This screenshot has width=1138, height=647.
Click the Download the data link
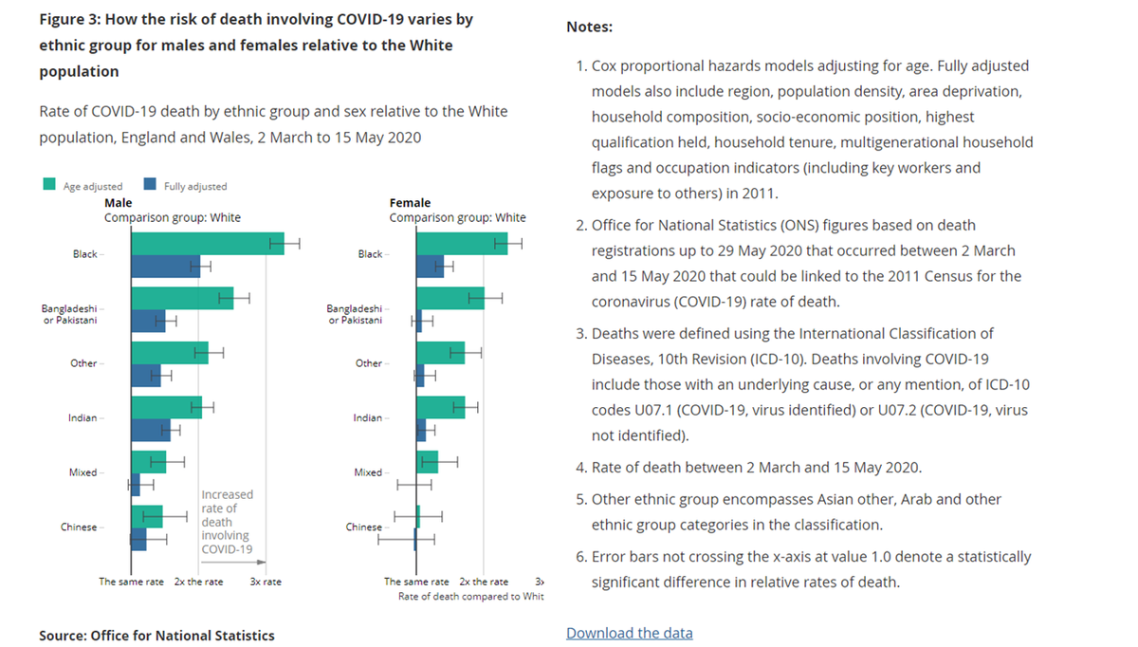pos(629,633)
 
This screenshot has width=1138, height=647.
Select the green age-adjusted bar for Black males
pos(207,244)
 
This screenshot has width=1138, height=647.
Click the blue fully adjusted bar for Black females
pos(430,267)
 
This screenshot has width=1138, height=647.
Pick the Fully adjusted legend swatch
pos(150,186)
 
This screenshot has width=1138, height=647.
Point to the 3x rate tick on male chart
pos(266,582)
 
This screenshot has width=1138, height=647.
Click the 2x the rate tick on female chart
pos(484,582)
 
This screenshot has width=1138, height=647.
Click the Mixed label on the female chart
pos(367,472)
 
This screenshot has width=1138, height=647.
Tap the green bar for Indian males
pos(166,408)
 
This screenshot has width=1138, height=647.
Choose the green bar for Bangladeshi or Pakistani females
pos(450,299)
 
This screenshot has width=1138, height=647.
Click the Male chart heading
pos(118,203)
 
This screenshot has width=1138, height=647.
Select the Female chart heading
pos(410,203)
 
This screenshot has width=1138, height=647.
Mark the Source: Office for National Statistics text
pos(156,636)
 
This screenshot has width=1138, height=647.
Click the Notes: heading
pos(589,28)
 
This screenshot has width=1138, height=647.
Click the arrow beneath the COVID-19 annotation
pos(233,564)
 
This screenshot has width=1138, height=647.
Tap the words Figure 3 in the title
pos(72,19)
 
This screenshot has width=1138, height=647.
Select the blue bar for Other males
pos(146,377)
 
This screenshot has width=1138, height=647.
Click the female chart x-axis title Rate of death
pos(470,597)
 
